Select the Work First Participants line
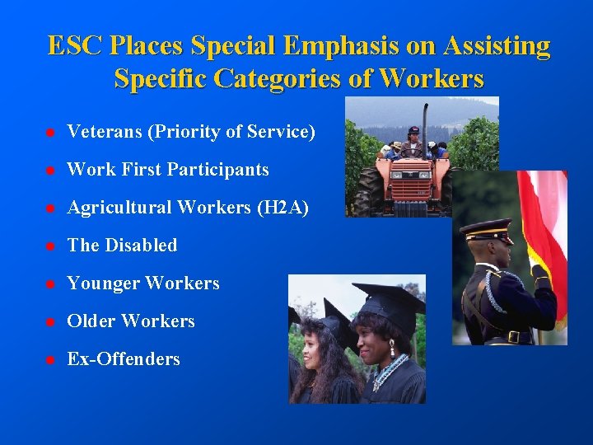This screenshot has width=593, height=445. tap(168, 170)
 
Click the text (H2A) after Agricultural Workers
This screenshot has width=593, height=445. tap(282, 208)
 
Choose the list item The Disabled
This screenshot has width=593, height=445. tap(122, 246)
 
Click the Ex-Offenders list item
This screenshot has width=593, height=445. tap(124, 359)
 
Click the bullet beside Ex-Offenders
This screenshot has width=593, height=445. tap(50, 360)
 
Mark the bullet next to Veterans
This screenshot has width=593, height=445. tap(50, 133)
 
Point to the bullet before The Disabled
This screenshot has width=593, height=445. tap(50, 246)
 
